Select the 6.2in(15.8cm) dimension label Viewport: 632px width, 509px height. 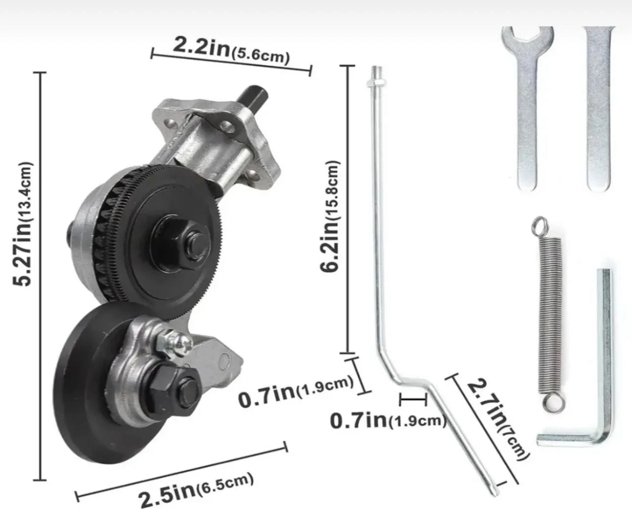(x=330, y=216)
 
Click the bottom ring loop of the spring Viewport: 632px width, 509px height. (x=554, y=402)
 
